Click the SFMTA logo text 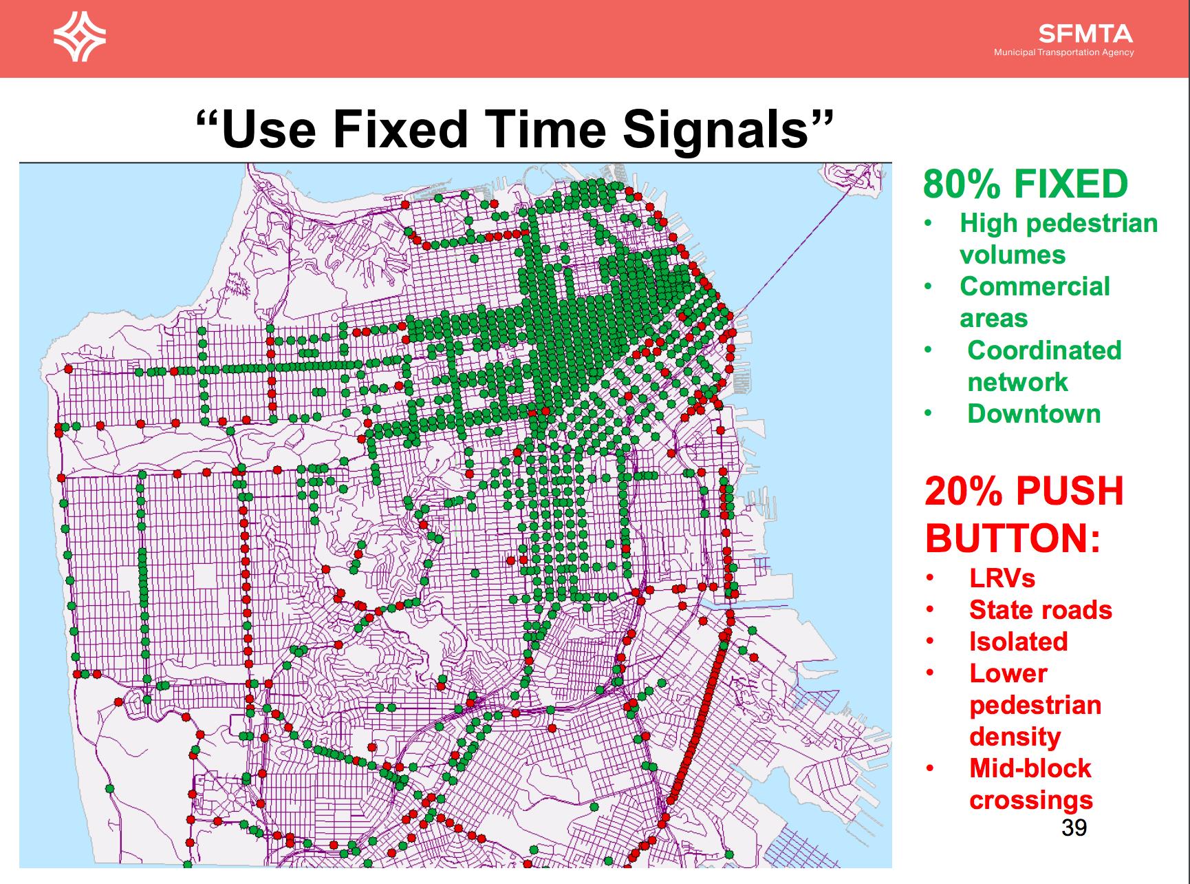[1085, 34]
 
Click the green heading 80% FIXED [1026, 184]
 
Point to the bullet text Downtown [1034, 414]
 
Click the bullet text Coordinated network [1044, 366]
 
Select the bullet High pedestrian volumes [1059, 239]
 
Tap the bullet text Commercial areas [1035, 302]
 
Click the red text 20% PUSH [1024, 491]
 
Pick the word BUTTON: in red [1013, 538]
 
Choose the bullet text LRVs [1002, 578]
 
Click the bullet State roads [1040, 610]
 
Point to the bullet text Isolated [1018, 642]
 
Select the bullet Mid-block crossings [1030, 784]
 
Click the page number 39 [1074, 827]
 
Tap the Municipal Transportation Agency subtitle [1064, 52]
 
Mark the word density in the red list [1015, 737]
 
